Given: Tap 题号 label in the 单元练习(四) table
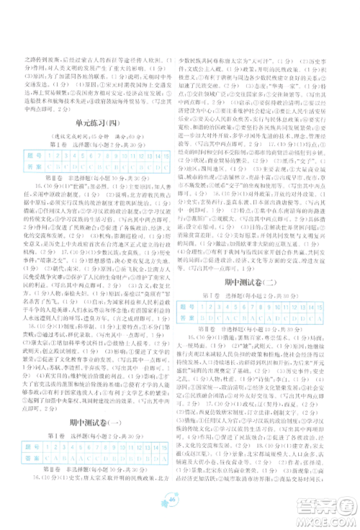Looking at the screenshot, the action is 30,156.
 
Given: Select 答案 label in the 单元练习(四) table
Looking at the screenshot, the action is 30,166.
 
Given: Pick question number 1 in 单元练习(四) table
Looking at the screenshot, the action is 43,156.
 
